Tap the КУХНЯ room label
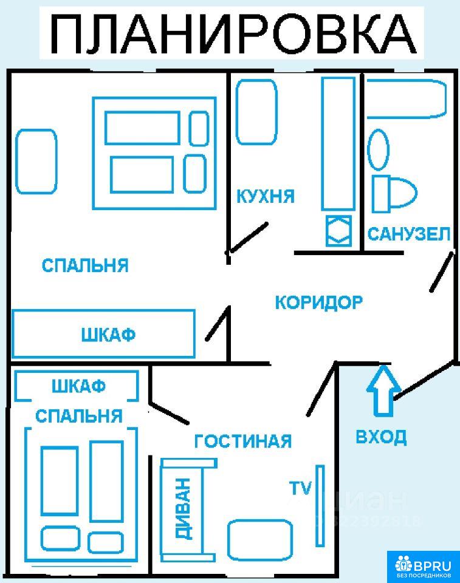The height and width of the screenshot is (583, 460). [x=265, y=197]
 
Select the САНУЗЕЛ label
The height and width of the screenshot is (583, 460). [x=409, y=234]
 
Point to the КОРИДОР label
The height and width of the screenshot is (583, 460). [x=319, y=302]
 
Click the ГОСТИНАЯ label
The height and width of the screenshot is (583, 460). [x=242, y=441]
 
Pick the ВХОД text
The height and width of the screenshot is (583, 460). [x=381, y=437]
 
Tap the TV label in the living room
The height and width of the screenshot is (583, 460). [x=300, y=488]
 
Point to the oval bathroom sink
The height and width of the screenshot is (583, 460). [x=379, y=150]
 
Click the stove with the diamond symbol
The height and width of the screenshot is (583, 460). [x=338, y=231]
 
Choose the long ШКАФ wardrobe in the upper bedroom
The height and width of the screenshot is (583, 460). [x=104, y=334]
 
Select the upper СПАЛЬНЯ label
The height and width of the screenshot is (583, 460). [x=85, y=265]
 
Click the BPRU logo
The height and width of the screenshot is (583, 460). [x=423, y=566]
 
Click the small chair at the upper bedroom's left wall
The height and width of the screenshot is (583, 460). [x=36, y=162]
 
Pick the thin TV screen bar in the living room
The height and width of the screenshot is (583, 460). [x=320, y=505]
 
